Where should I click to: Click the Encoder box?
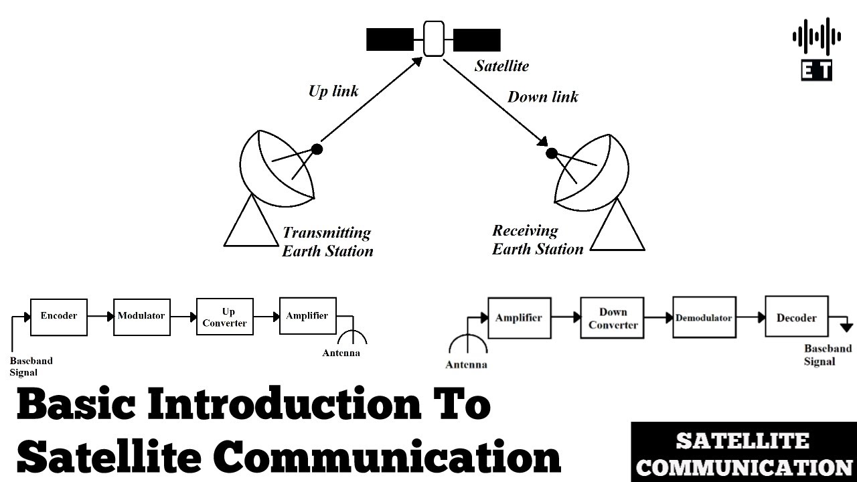click(59, 317)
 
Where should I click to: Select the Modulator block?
click(141, 317)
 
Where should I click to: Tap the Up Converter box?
click(225, 317)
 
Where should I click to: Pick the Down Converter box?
click(613, 319)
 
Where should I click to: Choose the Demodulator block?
click(704, 318)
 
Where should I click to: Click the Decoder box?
click(796, 318)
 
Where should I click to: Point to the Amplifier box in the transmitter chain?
click(307, 316)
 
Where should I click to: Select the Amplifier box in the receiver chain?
click(519, 318)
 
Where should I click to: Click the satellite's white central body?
click(434, 39)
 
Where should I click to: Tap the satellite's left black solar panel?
click(390, 40)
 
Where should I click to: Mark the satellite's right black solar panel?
click(477, 40)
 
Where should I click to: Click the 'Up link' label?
click(333, 91)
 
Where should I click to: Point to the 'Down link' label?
click(542, 97)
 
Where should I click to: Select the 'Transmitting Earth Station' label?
click(327, 242)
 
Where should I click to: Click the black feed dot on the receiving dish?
click(551, 153)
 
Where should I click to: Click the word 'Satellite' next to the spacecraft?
click(501, 66)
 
